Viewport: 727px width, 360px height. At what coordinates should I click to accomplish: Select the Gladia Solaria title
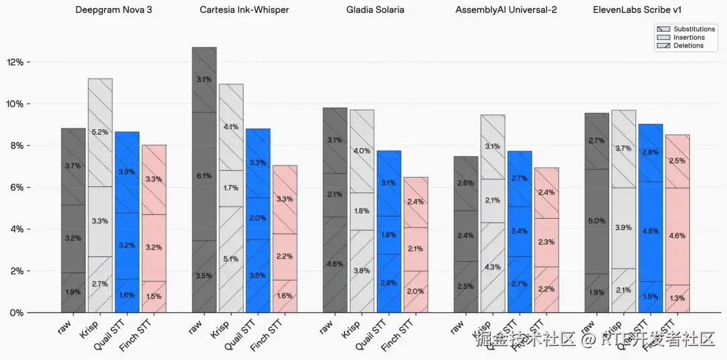click(x=376, y=10)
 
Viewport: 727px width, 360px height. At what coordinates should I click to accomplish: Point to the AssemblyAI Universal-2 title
click(x=506, y=10)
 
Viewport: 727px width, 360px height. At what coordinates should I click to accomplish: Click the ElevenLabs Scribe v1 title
click(x=637, y=10)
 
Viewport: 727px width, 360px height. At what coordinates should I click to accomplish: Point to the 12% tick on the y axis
click(x=15, y=62)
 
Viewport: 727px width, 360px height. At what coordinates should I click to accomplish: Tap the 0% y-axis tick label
click(x=17, y=313)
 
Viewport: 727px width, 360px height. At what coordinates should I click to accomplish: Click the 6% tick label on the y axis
click(x=17, y=188)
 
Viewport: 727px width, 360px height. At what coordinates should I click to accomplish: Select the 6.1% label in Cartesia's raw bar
click(x=204, y=176)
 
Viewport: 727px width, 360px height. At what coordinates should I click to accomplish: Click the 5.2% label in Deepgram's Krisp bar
click(x=100, y=133)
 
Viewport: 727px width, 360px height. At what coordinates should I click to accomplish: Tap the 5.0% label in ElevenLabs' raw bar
click(x=596, y=221)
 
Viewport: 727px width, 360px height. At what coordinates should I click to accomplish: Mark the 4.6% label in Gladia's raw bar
click(x=335, y=264)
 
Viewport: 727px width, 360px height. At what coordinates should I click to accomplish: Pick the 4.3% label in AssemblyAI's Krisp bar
click(x=492, y=267)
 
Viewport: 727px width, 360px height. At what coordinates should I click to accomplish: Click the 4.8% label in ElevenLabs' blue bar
click(x=650, y=231)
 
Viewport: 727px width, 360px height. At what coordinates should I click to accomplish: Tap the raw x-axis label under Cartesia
click(x=196, y=327)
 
